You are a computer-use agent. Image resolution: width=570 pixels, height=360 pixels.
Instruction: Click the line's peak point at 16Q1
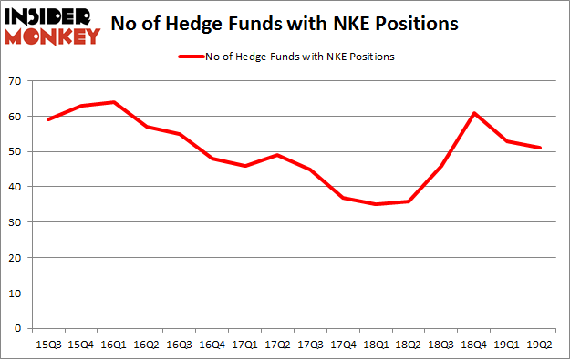113,102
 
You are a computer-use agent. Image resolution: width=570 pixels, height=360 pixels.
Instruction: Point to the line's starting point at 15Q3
47,119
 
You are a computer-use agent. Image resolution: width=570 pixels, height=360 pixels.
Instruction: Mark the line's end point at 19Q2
540,148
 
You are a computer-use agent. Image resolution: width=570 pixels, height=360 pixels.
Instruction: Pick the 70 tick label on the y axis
16,81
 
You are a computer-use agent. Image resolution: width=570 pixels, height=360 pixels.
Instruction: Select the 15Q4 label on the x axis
80,345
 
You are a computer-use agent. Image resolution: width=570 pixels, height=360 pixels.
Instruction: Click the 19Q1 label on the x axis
507,345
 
